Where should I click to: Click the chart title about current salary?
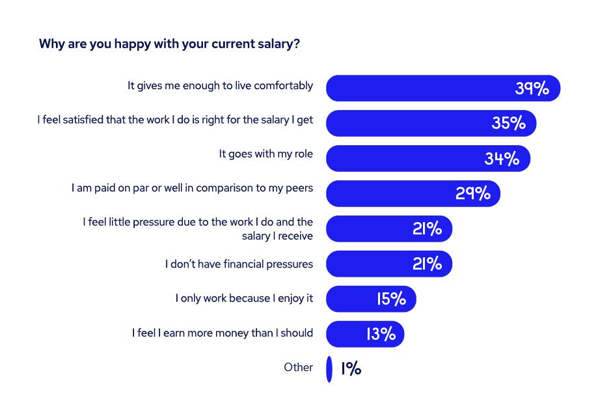point(169,44)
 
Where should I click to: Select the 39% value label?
point(532,88)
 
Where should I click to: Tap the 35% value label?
point(508,123)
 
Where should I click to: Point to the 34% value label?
point(502,158)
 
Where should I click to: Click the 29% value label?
point(473,193)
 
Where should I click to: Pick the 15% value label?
point(391,299)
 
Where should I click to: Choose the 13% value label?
point(381,334)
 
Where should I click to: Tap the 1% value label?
point(351,369)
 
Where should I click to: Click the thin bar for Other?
point(329,369)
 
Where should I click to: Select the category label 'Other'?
point(298,367)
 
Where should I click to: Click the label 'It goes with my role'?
point(265,154)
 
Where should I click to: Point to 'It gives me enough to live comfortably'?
point(220,85)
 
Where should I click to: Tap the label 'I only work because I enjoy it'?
point(244,298)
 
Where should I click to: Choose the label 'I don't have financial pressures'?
point(239,264)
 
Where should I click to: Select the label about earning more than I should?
point(223,333)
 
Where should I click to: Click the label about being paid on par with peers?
point(192,188)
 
